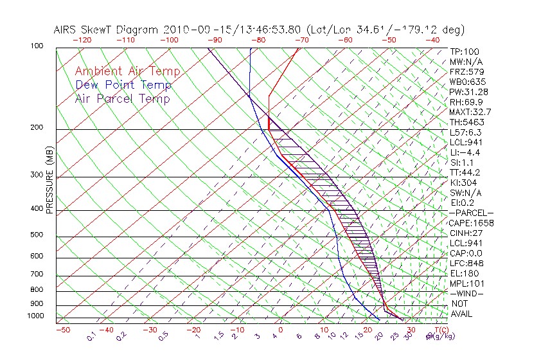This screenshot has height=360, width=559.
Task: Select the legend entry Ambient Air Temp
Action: pyautogui.click(x=127, y=71)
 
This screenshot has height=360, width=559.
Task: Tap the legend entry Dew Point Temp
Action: pyautogui.click(x=123, y=85)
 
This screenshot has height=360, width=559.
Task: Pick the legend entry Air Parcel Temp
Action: pyautogui.click(x=122, y=98)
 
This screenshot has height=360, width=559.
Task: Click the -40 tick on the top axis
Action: pyautogui.click(x=432, y=40)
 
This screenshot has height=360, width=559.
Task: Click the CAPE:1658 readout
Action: pyautogui.click(x=471, y=223)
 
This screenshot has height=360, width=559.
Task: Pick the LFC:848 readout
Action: pyautogui.click(x=466, y=264)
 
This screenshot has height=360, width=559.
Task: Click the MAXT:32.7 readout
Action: pyautogui.click(x=470, y=112)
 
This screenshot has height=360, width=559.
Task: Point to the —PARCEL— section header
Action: pyautogui.click(x=471, y=213)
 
